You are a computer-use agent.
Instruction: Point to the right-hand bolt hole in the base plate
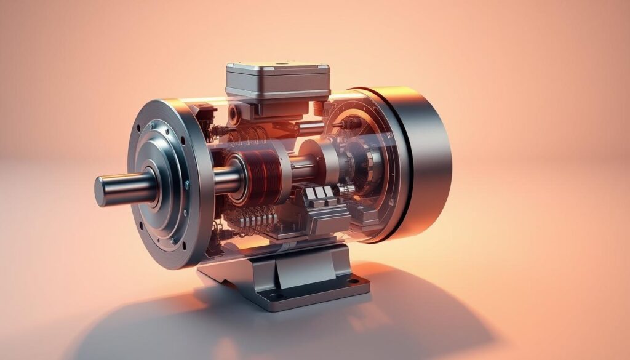(x=353, y=281)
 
